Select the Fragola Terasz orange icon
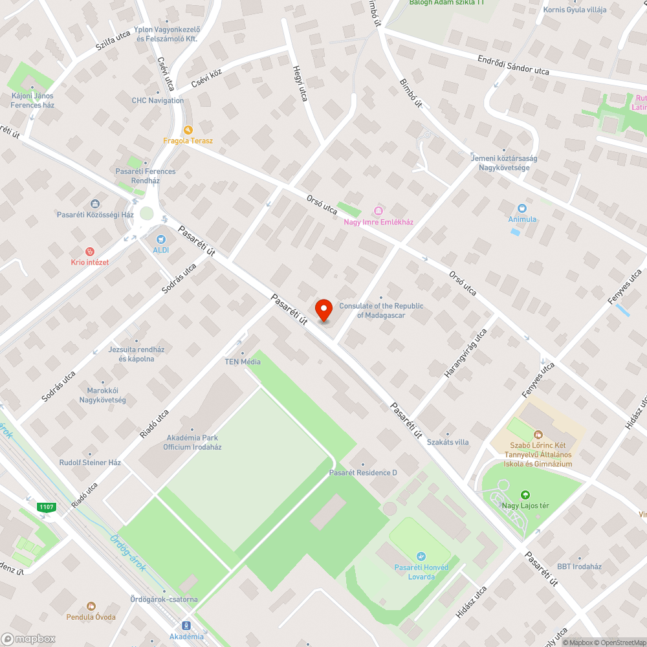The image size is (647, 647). pos(188,129)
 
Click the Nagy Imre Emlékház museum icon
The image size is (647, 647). pos(379,211)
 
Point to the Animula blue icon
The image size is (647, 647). pos(522,208)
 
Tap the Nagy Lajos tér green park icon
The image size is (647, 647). pos(525,495)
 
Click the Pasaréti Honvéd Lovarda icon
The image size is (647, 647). pos(421,556)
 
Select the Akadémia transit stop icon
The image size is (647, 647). pos(186,626)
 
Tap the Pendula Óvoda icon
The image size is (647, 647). pos(91,606)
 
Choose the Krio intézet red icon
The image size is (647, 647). pos(90,251)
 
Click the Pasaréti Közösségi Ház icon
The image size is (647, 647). pos(95,204)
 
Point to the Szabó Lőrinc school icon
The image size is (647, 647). pos(536,435)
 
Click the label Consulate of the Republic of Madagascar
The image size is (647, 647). pos(382,311)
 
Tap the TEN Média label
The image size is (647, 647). pos(243,362)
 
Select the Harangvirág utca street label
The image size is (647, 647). pos(465,353)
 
